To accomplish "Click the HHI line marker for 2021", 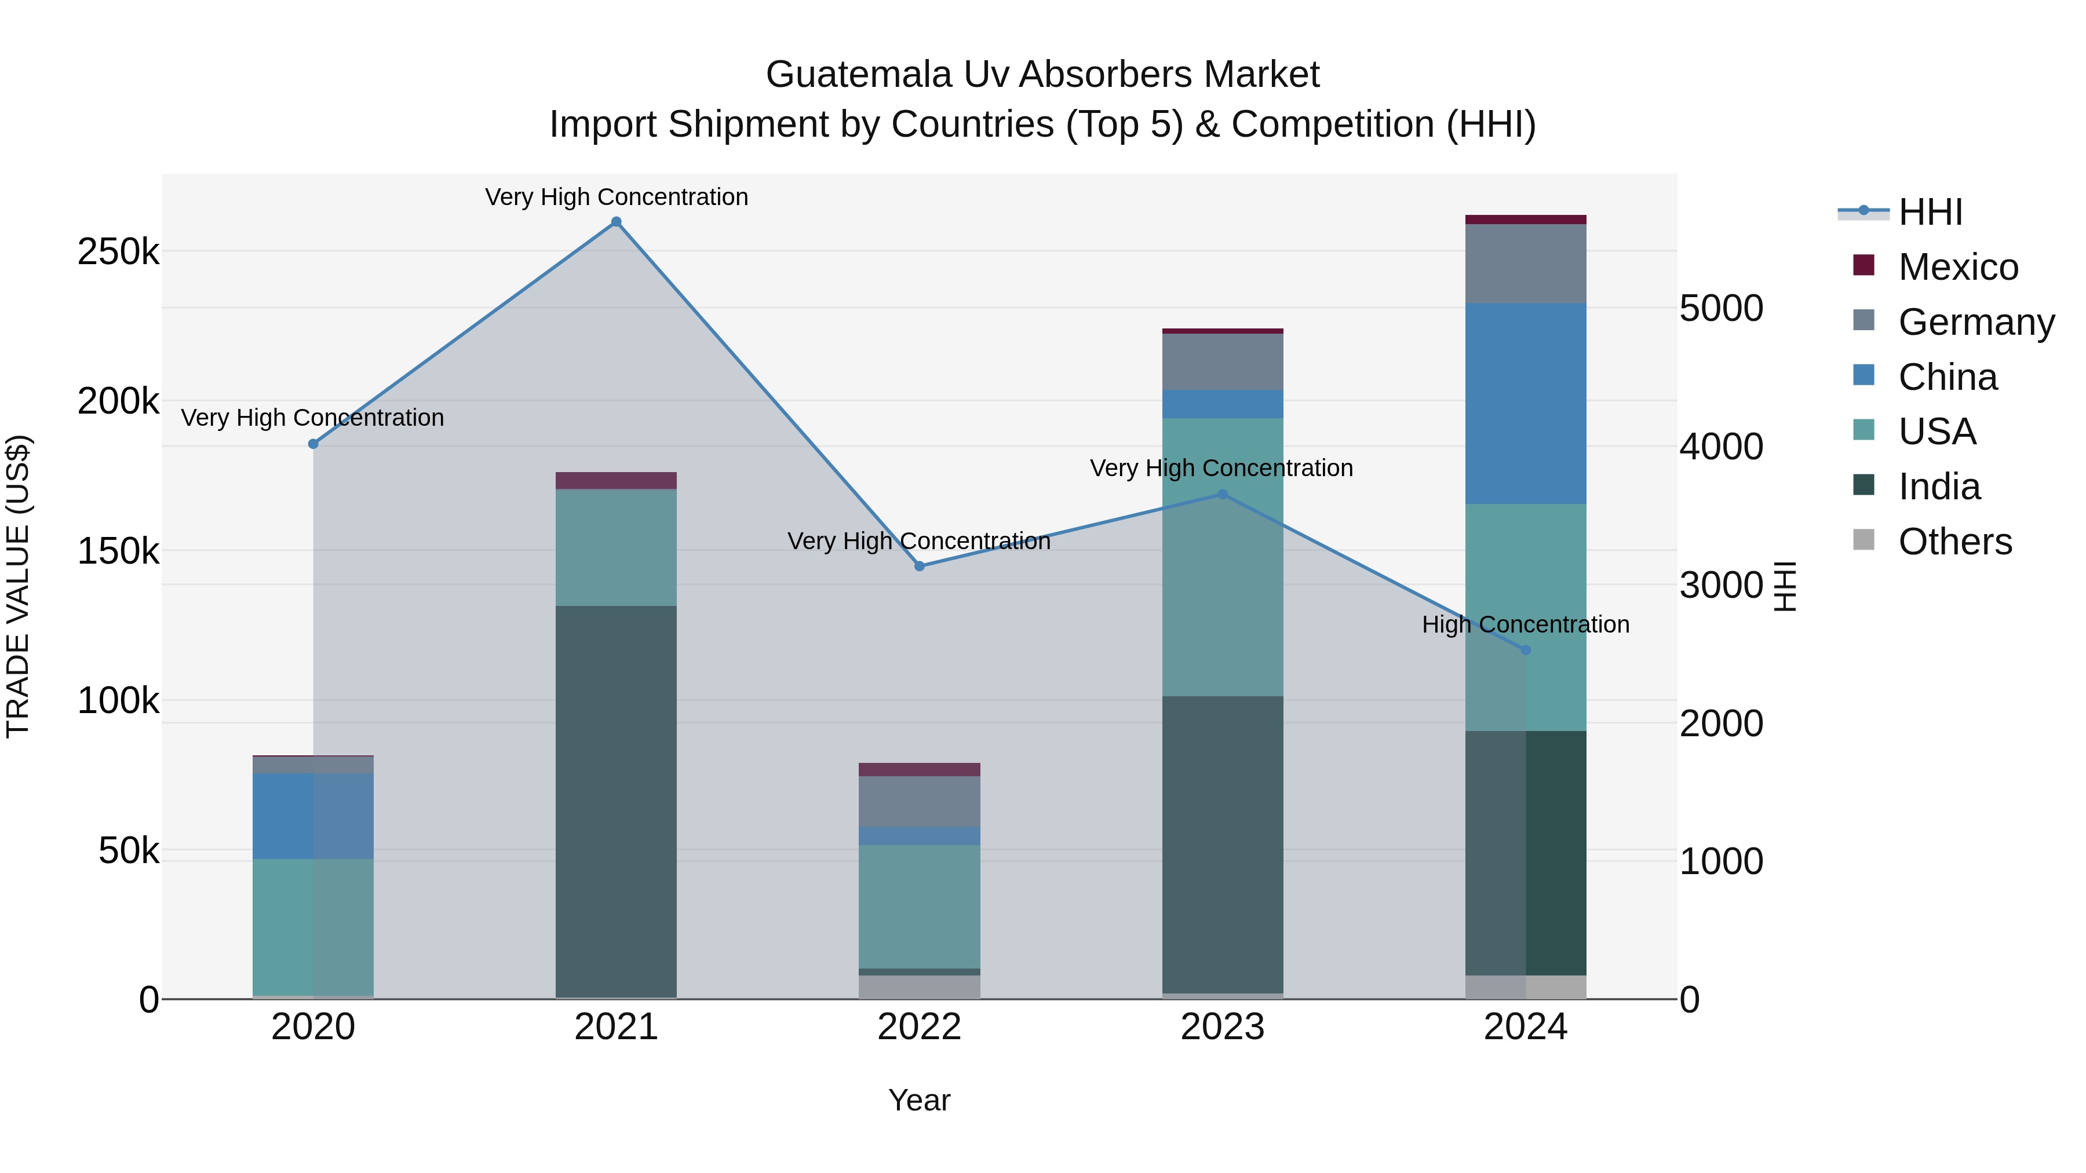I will pos(617,222).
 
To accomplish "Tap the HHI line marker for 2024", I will pos(1526,650).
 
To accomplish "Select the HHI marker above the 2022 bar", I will pos(919,567).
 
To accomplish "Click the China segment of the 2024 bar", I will pos(1526,403).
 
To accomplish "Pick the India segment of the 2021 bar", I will pos(617,802).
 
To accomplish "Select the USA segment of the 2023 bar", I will pos(1223,557).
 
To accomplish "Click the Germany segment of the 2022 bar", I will pos(919,802).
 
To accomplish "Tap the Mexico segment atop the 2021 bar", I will pos(617,481).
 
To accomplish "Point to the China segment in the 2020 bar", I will pos(313,816).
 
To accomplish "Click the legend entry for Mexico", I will pos(1958,267).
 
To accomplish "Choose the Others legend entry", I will pos(1955,542).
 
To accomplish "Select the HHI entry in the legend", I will pos(1931,212).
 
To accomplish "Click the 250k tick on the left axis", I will pos(118,252).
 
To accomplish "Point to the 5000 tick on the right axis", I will pos(1722,308).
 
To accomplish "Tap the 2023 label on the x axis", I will pos(1223,1027).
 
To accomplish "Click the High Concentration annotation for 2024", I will pos(1526,625).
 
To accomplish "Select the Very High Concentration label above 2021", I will pos(617,197).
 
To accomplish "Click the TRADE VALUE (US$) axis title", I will pos(18,586).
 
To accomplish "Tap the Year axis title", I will pos(919,1100).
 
